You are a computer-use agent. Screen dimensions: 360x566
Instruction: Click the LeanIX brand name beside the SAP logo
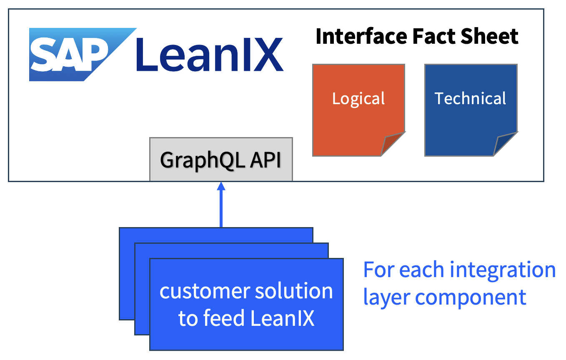point(210,54)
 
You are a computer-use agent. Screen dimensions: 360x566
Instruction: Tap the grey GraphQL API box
point(221,160)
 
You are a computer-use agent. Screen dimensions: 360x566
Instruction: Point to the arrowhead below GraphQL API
point(221,186)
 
